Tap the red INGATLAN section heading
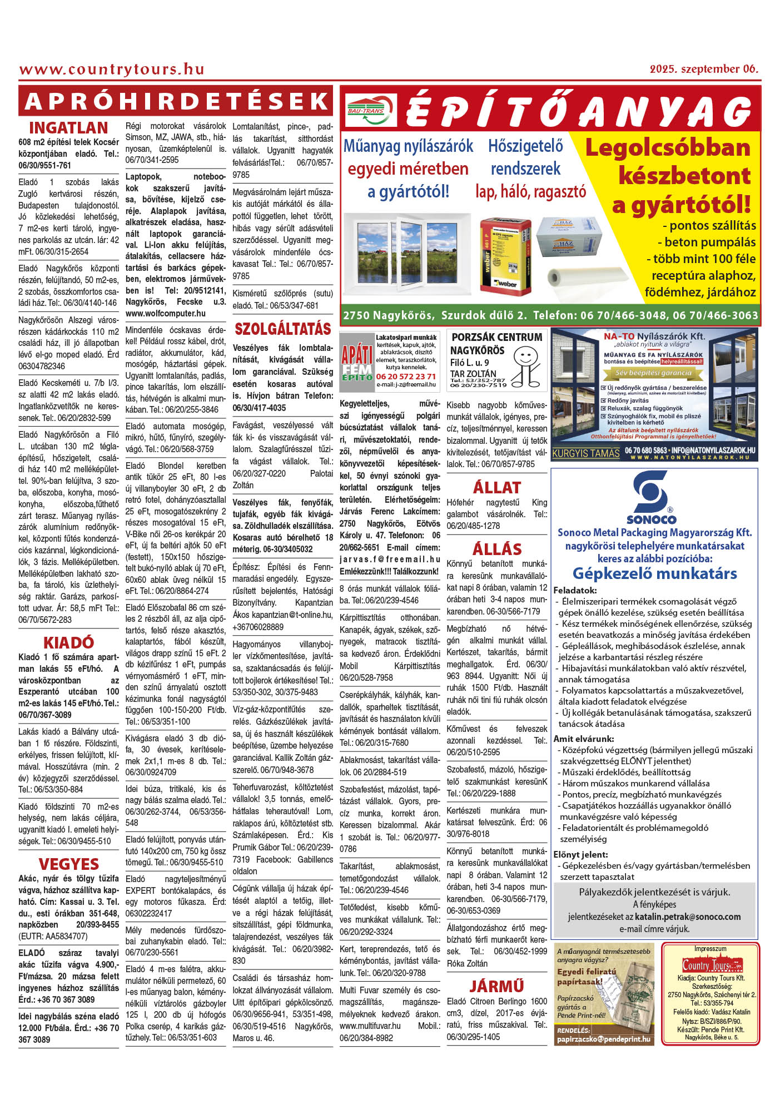[68, 128]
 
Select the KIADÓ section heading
[68, 642]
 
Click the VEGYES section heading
[68, 864]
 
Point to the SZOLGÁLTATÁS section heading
[282, 329]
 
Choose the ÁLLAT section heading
[496, 487]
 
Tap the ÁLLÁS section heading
[496, 549]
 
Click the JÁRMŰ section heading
[496, 986]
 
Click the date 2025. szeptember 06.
[704, 69]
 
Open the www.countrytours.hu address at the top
[112, 70]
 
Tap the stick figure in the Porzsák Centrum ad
[525, 365]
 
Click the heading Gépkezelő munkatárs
[654, 573]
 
